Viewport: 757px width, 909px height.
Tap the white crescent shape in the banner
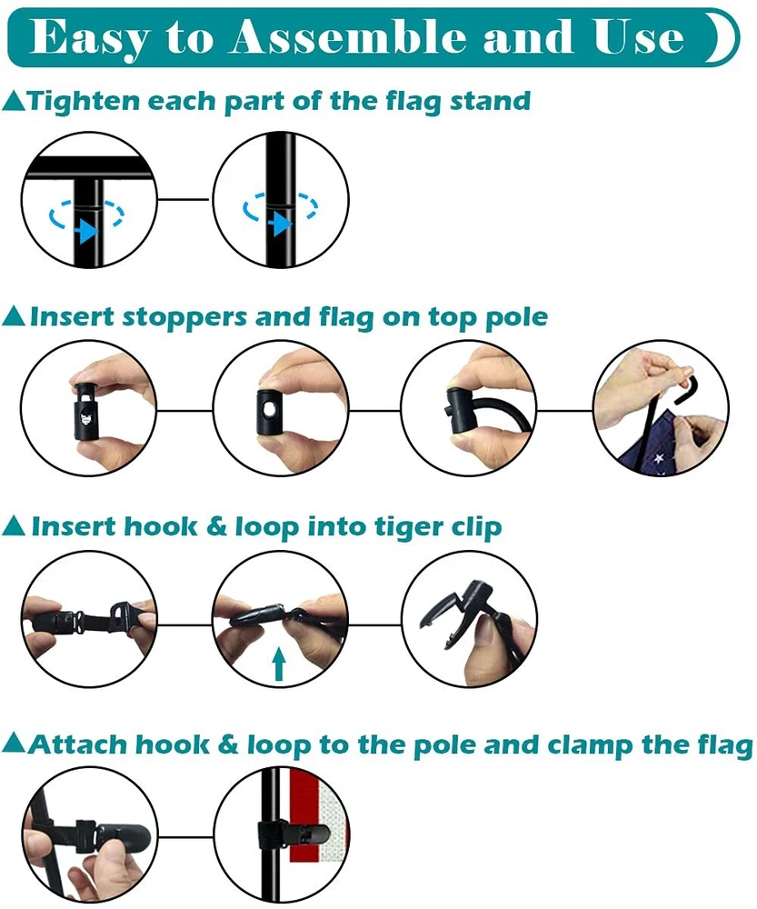pos(723,37)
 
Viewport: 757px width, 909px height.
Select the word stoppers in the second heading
pos(185,318)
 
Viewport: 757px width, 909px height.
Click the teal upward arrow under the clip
pos(279,664)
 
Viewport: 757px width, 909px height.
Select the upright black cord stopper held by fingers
pos(85,409)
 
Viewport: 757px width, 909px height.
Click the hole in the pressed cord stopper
pos(269,410)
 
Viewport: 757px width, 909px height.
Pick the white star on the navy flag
pos(659,459)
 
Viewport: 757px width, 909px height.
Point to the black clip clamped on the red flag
pos(294,834)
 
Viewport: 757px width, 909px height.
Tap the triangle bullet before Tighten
pos(14,101)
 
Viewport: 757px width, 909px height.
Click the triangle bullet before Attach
pos(14,744)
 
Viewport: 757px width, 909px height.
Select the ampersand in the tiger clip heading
pos(216,526)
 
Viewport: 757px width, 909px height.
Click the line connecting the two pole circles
pos(184,199)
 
